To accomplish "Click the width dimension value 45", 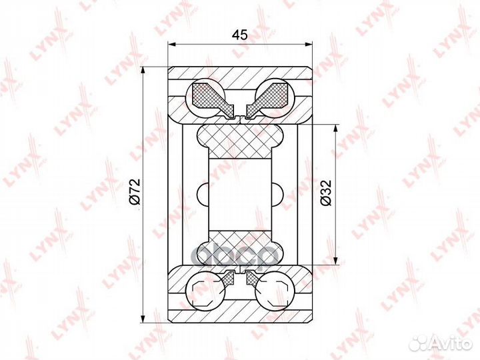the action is (239, 35).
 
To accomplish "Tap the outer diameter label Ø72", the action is (135, 191).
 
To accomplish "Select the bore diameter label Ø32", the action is (326, 193).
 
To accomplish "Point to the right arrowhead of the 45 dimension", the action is (308, 45).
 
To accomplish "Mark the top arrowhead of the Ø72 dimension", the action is (143, 71).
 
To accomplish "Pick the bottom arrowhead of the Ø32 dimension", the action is (336, 260).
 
